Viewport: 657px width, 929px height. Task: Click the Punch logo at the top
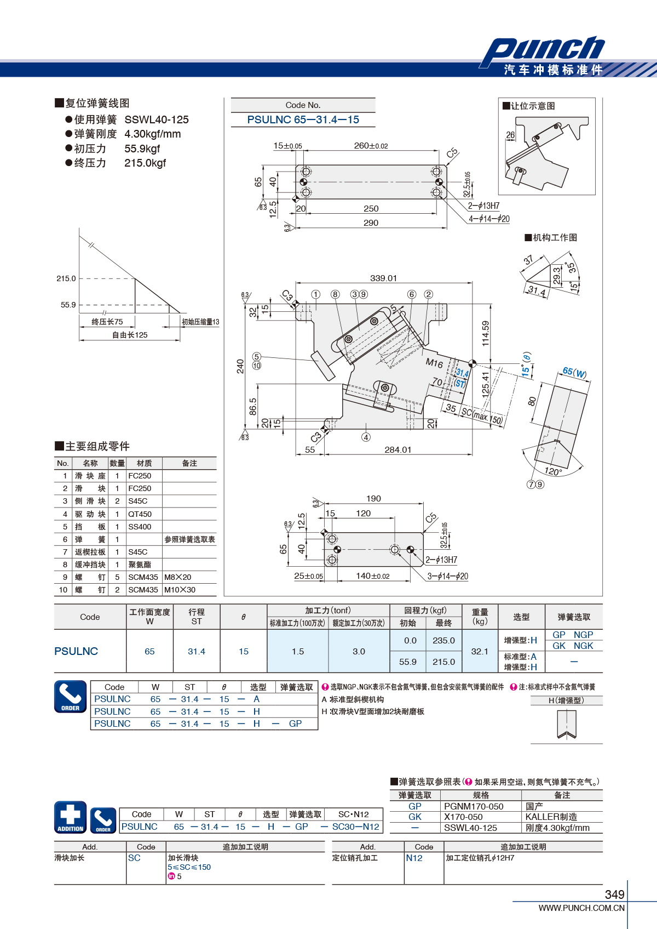click(543, 52)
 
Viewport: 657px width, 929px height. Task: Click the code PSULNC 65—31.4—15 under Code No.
click(303, 120)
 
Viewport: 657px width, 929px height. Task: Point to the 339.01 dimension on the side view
click(383, 278)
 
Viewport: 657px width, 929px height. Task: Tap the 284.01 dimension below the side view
click(397, 449)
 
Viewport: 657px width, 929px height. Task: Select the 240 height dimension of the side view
click(240, 366)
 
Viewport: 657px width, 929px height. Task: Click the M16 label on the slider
click(434, 363)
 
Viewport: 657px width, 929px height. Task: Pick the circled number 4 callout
click(366, 437)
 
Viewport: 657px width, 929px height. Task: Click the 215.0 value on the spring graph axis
click(66, 278)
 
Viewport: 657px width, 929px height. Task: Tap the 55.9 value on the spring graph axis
click(68, 305)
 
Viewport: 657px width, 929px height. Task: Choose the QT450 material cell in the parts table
click(140, 514)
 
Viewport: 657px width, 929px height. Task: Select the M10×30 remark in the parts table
click(180, 590)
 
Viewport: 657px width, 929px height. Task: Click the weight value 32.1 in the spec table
click(479, 651)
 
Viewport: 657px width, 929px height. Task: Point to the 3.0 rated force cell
click(359, 651)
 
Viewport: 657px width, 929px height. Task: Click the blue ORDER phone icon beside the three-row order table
click(70, 696)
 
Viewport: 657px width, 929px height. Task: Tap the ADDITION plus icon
click(70, 817)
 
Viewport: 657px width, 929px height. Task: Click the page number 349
click(614, 894)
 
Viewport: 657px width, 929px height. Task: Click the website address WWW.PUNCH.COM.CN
click(581, 908)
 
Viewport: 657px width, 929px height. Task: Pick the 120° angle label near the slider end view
click(553, 471)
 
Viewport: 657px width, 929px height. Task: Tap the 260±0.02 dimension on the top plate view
click(371, 146)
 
